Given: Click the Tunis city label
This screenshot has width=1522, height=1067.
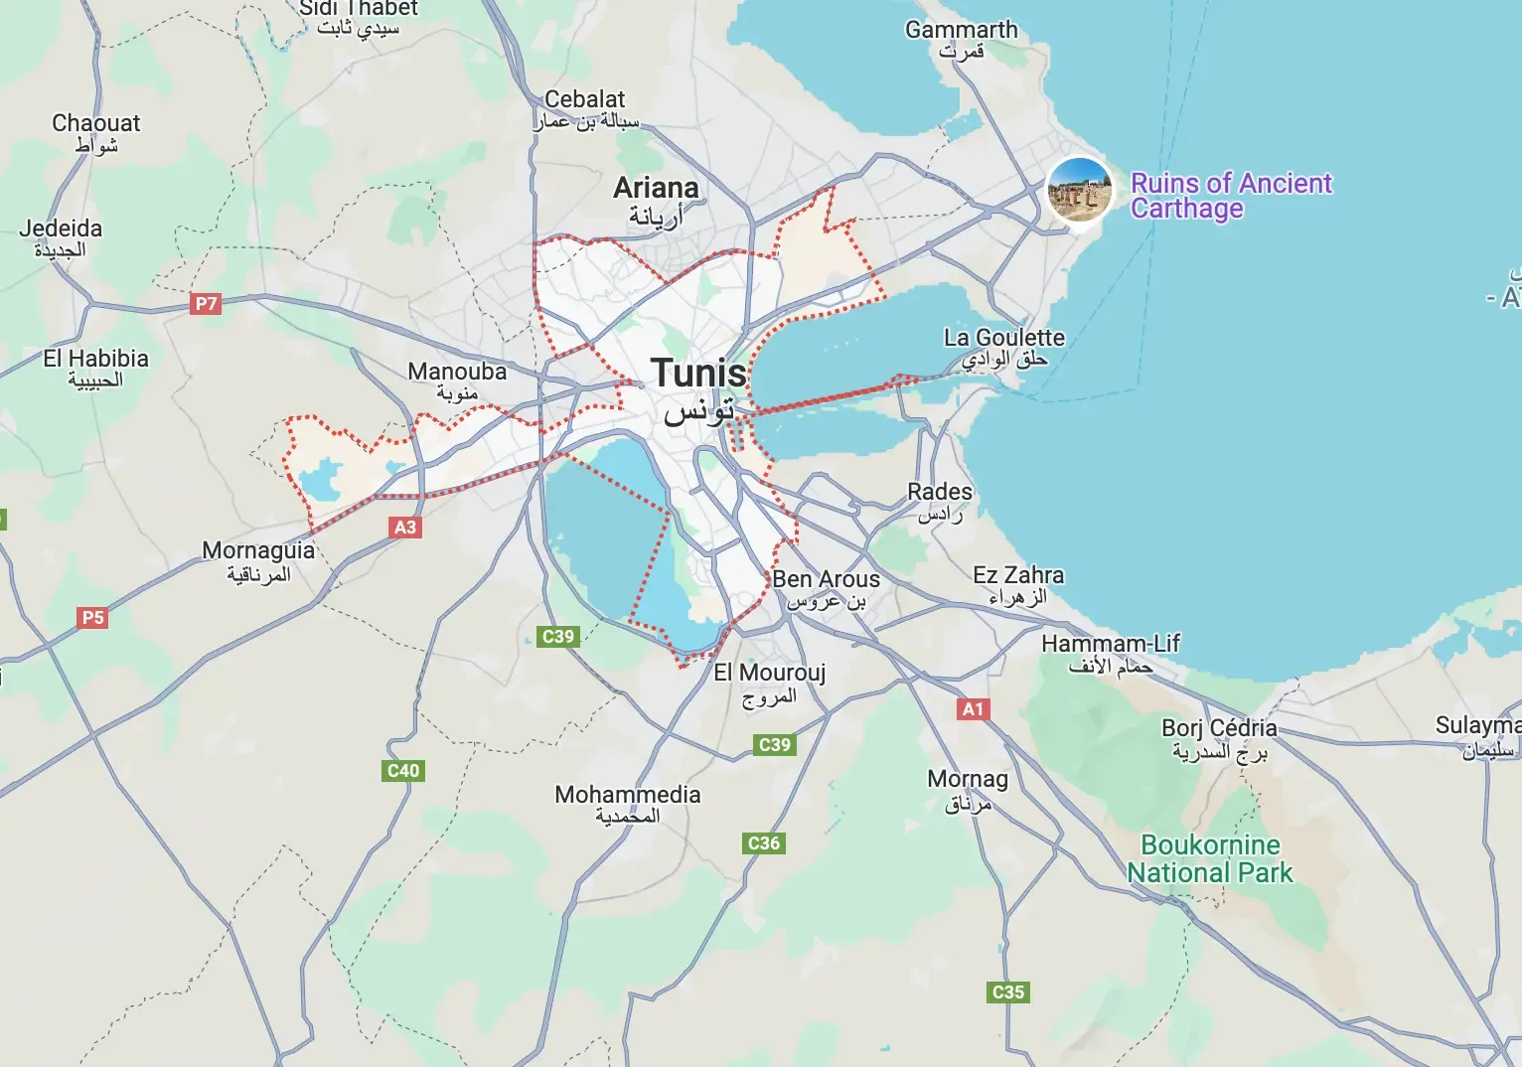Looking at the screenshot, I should (699, 375).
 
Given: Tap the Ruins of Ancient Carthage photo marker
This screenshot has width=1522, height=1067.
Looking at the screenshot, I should (1079, 190).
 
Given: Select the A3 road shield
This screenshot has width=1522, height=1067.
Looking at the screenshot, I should (405, 527).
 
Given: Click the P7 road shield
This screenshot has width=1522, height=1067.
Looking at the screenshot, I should (206, 304).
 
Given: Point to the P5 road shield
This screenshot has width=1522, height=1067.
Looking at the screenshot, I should (92, 618).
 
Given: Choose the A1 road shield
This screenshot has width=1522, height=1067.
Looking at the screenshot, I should (973, 709).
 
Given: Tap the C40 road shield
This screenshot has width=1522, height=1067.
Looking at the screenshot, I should (403, 770).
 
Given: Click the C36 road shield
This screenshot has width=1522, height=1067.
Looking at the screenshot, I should (763, 843).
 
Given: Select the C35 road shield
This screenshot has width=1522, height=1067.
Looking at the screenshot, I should (1008, 991).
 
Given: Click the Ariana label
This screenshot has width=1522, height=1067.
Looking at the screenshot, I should (656, 188).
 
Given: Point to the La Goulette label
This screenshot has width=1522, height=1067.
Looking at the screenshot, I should (1003, 338).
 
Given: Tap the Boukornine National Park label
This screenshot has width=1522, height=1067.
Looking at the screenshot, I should (1210, 859).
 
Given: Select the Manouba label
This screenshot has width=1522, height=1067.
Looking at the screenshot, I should (457, 372).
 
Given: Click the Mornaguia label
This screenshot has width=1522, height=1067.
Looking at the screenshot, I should (258, 550).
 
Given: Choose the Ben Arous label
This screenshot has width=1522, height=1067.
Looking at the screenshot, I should (826, 579).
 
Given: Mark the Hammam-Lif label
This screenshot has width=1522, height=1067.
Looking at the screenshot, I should (1111, 644).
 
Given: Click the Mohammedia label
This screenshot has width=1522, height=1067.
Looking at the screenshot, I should (628, 795).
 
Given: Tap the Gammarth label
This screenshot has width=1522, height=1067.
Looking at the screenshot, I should (961, 30).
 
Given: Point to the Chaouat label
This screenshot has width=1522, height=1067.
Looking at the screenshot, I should (96, 123).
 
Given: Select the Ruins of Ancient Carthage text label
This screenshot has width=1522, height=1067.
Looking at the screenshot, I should (1231, 196).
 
